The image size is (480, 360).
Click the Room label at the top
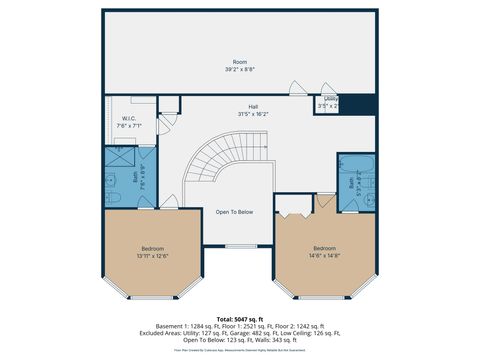click(x=240, y=61)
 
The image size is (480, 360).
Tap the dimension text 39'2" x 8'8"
click(x=240, y=69)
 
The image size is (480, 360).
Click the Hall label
click(x=253, y=107)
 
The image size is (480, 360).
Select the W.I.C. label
click(x=129, y=119)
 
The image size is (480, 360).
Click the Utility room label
click(x=330, y=98)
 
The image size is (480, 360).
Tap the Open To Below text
click(x=234, y=212)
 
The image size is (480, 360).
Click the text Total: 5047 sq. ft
click(x=240, y=318)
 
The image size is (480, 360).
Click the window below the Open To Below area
click(x=240, y=246)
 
